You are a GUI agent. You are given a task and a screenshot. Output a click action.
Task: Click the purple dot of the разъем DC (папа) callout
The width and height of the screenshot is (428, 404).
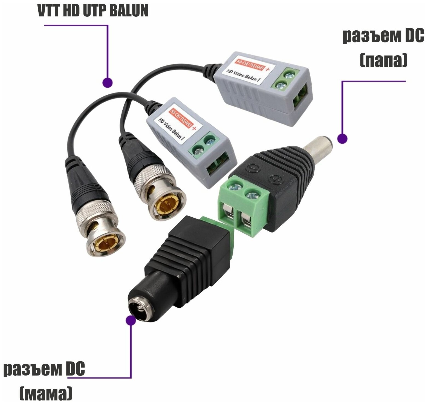click(x=342, y=138)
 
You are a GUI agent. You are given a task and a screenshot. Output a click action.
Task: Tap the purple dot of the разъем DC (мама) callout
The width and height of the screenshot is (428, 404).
click(x=131, y=320)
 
